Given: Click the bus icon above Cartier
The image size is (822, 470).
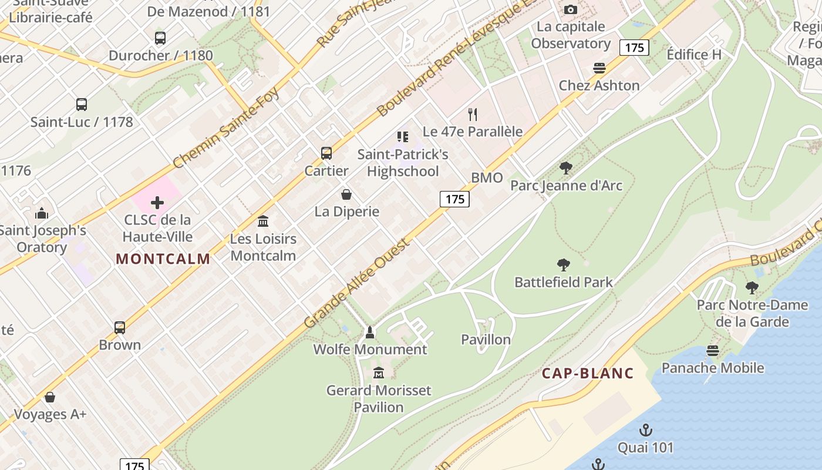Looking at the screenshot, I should point(326,153).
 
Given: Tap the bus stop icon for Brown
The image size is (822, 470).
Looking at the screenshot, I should point(120,328).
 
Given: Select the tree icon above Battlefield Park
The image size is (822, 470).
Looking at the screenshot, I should point(564,265).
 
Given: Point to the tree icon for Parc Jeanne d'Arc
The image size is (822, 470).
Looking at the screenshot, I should point(566,169).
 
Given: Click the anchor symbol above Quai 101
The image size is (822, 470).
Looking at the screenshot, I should point(645,430).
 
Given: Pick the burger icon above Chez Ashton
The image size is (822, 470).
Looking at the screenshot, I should point(599,68).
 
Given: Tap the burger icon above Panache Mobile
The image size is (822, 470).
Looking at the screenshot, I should point(712,351).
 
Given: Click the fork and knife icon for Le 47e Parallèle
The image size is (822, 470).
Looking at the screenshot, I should point(473,114).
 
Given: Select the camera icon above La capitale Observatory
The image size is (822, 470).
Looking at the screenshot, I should point(570,9).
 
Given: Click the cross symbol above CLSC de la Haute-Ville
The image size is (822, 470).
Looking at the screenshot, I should point(157,203).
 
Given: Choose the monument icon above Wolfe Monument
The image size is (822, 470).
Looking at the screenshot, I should point(370,333).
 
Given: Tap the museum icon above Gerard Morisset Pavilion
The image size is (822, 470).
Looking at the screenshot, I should point(379,373).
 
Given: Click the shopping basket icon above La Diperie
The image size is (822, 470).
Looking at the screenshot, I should point(346,194).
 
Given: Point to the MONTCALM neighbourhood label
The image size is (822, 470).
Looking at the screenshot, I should point(163,259).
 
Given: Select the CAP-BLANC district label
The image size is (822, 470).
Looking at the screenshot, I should point(587,373).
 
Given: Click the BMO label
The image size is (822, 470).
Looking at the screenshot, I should point(487,178).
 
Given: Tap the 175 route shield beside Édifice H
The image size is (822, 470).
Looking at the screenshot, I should point(634,48).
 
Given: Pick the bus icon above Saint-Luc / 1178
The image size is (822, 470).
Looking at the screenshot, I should point(82,105).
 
